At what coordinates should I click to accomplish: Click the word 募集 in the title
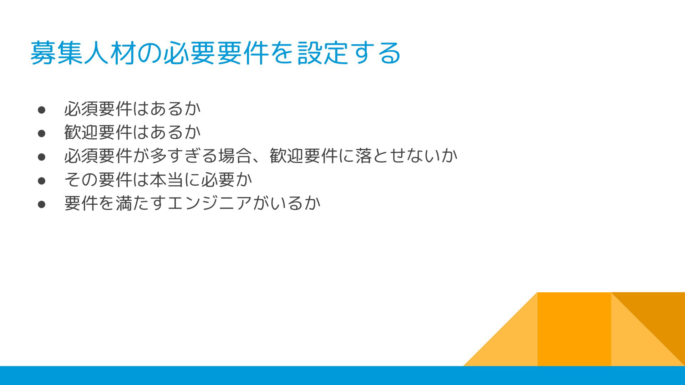pos(57,53)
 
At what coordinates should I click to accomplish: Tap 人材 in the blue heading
pos(110,53)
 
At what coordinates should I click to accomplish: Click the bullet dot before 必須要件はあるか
pos(42,110)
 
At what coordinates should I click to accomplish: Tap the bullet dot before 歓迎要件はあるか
pos(42,133)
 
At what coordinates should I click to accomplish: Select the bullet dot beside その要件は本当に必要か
pos(42,181)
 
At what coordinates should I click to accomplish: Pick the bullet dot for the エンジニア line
pos(42,204)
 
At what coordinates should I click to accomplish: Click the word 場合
pos(235,156)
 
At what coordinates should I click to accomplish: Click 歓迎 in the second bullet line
pos(81,132)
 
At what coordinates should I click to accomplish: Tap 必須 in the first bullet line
pos(81,109)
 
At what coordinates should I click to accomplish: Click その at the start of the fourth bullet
pos(81,180)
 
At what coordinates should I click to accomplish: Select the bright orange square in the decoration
pos(574,329)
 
